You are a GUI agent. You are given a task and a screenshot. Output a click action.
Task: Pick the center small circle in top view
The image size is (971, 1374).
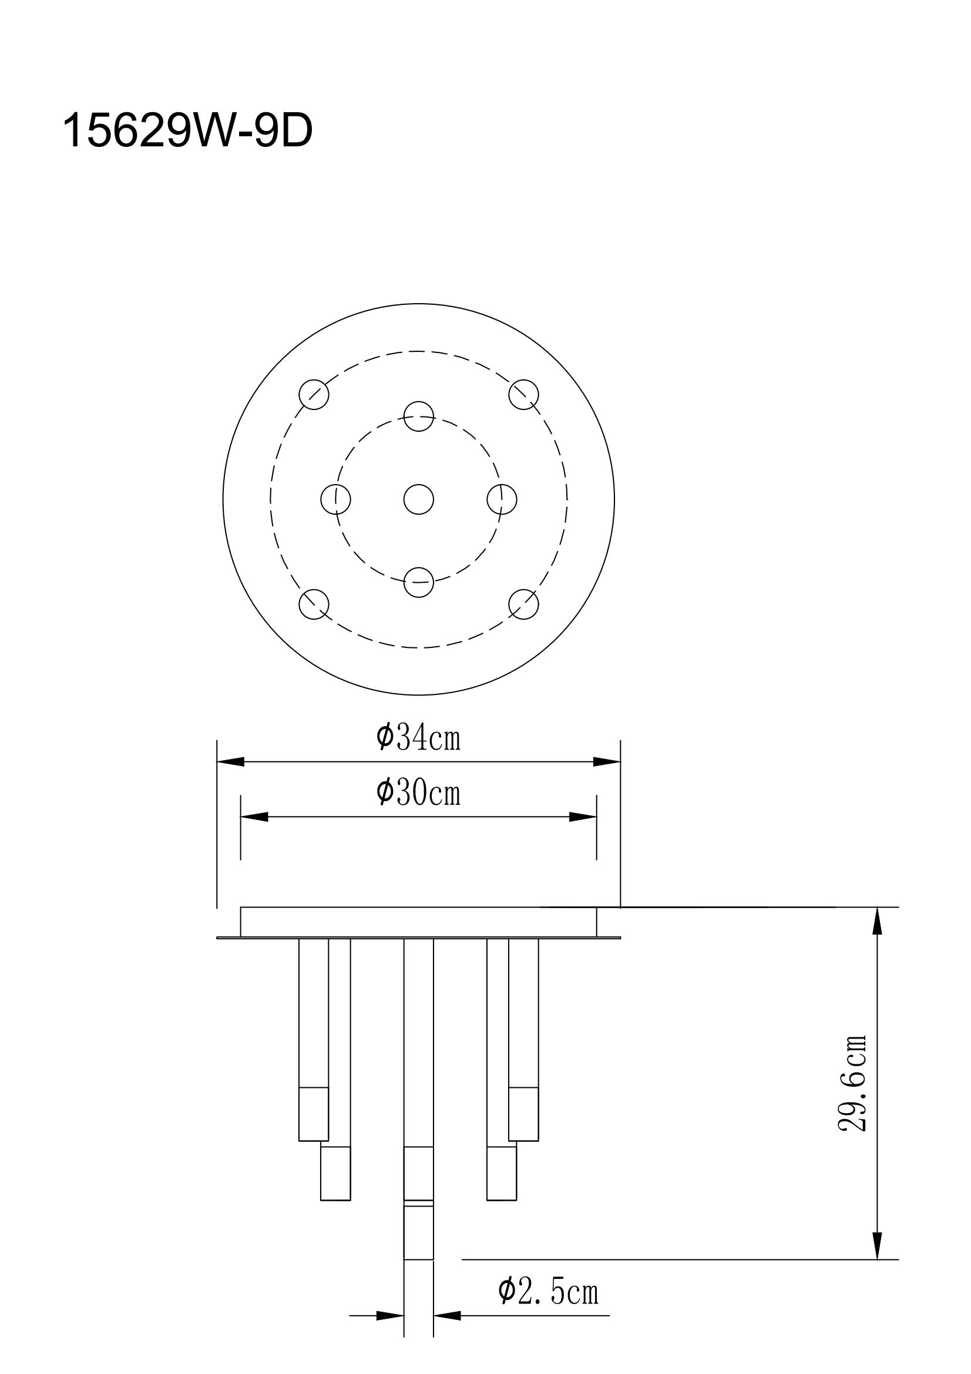click(x=418, y=499)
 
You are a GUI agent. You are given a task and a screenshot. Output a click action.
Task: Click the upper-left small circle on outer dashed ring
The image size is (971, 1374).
click(x=314, y=394)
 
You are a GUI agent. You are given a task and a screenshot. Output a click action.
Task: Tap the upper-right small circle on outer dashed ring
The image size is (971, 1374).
click(x=523, y=394)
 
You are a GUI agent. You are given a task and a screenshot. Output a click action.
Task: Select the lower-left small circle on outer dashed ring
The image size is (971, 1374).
click(x=314, y=604)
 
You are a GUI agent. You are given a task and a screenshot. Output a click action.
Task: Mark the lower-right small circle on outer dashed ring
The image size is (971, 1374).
click(x=523, y=604)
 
